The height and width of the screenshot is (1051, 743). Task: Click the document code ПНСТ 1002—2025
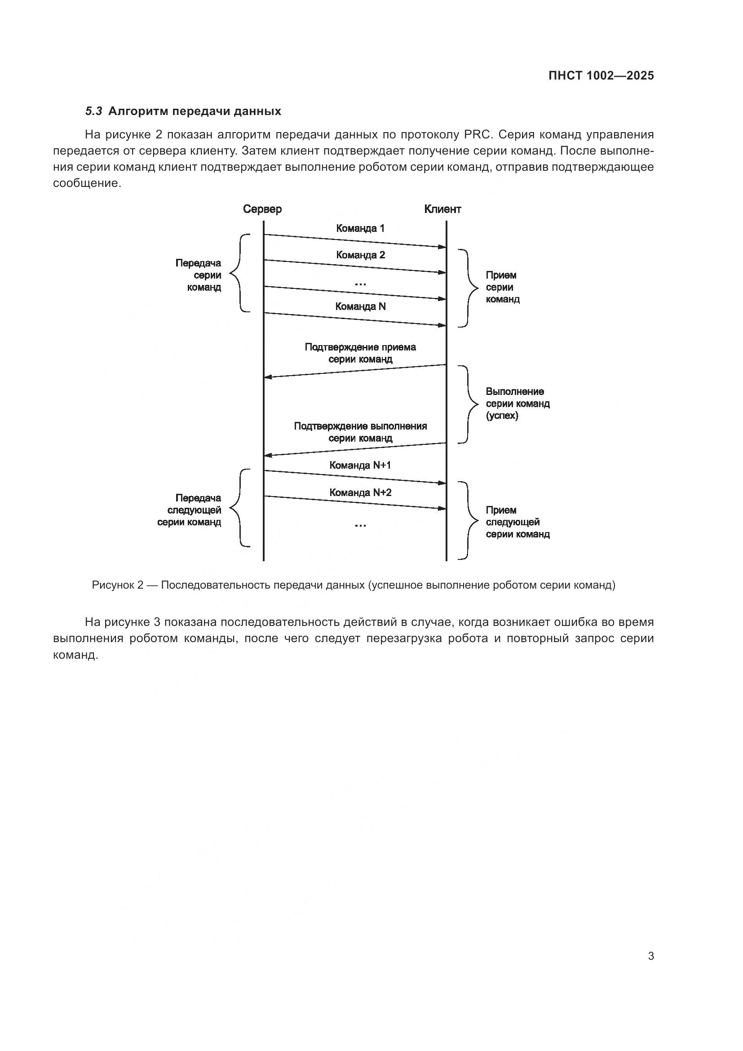(x=601, y=75)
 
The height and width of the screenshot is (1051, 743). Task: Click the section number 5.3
(x=93, y=111)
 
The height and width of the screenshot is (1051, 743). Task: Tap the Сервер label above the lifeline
(x=262, y=209)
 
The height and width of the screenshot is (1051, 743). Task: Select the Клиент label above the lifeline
(x=442, y=209)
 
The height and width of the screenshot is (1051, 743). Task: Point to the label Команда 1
(x=360, y=228)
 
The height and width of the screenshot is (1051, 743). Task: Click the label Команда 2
(x=360, y=255)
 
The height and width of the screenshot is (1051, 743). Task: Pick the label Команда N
(x=360, y=307)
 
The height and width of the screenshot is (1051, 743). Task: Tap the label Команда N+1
(x=360, y=466)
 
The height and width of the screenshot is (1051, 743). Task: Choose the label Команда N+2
(x=360, y=492)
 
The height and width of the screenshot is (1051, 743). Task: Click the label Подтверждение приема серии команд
(x=360, y=353)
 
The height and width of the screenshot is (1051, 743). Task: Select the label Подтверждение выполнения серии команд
(x=360, y=432)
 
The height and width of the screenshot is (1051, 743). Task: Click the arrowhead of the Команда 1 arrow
(x=442, y=247)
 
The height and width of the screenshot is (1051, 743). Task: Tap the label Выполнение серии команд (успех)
(x=517, y=404)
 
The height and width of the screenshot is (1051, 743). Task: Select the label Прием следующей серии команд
(x=517, y=522)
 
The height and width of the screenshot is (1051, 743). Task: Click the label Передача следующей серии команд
(x=190, y=510)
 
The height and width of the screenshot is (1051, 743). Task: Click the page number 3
(x=650, y=956)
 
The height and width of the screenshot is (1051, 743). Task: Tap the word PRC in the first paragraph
(x=477, y=135)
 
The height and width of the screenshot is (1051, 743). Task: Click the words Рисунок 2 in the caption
(x=118, y=585)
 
